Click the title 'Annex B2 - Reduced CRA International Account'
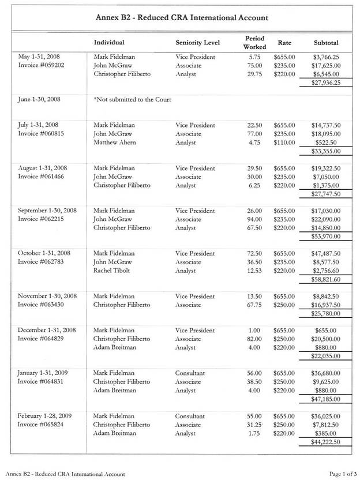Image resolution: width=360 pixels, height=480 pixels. (181, 18)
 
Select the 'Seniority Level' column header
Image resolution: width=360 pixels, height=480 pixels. (197, 43)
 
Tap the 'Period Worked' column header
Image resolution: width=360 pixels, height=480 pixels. (254, 42)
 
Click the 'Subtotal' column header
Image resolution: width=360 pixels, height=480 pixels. (326, 43)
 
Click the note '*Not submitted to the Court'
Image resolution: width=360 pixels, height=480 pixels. (132, 99)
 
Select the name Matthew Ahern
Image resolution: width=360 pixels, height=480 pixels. (116, 142)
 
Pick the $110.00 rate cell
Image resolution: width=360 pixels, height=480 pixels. (284, 142)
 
